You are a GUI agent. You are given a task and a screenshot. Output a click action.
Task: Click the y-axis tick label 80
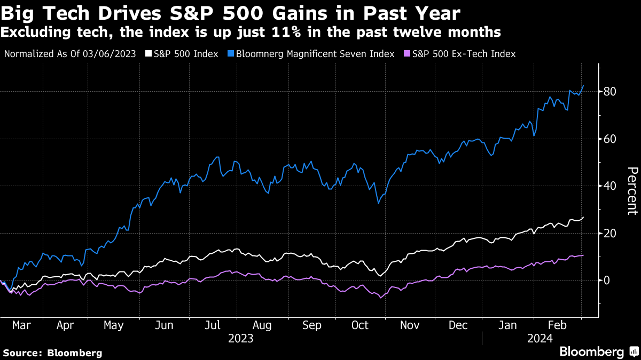pyautogui.click(x=611, y=92)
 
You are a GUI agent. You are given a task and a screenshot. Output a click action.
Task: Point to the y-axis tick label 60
pyautogui.click(x=611, y=139)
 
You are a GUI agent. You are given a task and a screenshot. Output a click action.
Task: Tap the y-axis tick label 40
pyautogui.click(x=611, y=186)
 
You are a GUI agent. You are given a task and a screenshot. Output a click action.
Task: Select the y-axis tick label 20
pyautogui.click(x=611, y=233)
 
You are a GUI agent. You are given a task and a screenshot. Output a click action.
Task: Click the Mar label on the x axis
pyautogui.click(x=21, y=325)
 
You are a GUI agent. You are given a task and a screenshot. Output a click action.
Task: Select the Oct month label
pyautogui.click(x=360, y=325)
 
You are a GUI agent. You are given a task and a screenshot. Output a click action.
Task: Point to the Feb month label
pyautogui.click(x=557, y=325)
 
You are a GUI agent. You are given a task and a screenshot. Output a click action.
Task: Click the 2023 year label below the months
pyautogui.click(x=240, y=339)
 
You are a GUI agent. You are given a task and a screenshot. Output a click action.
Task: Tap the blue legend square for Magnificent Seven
pyautogui.click(x=231, y=54)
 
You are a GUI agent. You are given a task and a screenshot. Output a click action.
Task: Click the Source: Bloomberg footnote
pyautogui.click(x=52, y=353)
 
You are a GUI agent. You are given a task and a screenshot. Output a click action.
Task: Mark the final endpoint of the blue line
pyautogui.click(x=583, y=85)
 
